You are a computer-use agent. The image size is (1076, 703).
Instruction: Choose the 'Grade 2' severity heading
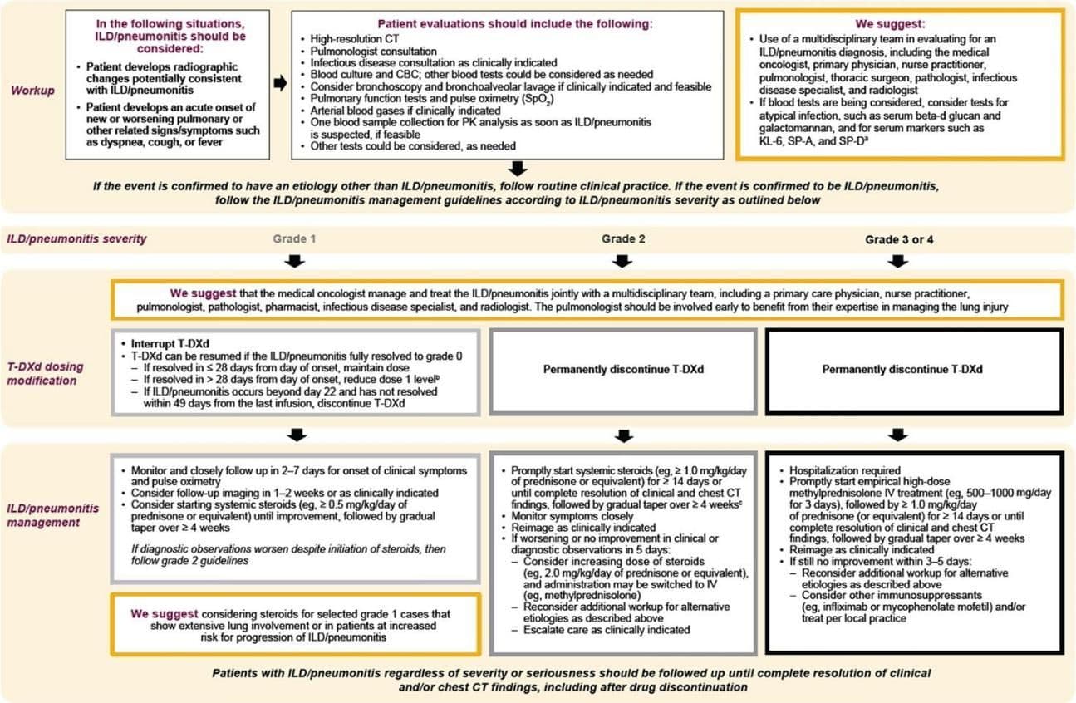(x=623, y=239)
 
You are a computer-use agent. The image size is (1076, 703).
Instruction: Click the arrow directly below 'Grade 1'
(x=294, y=262)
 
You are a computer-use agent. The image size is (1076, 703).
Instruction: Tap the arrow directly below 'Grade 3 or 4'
(x=897, y=262)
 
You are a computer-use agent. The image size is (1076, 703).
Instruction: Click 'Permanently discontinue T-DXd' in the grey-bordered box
(x=622, y=369)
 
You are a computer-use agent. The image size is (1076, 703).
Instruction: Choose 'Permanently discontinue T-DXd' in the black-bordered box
(x=897, y=369)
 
